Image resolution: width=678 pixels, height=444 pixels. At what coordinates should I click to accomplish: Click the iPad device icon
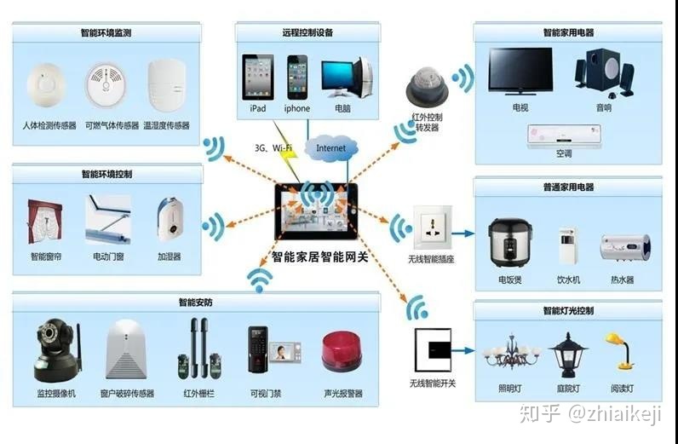257,77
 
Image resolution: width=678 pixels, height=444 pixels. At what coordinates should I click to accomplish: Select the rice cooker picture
509,243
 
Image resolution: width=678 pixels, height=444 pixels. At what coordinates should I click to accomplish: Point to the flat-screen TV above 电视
520,70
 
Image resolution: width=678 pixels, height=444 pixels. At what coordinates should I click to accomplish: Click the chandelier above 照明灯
511,349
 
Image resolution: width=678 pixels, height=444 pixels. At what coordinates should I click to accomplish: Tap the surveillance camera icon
55,350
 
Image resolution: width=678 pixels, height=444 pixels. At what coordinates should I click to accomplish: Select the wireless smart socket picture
431,228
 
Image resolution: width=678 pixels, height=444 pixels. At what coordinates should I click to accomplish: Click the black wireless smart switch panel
432,349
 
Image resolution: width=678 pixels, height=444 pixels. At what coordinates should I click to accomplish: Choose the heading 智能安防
197,302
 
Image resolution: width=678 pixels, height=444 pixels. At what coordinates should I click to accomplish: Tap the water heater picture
624,246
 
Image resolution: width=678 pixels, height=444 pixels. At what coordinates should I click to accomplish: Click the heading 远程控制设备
307,32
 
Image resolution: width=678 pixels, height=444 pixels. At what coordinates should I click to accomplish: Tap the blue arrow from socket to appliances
463,233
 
